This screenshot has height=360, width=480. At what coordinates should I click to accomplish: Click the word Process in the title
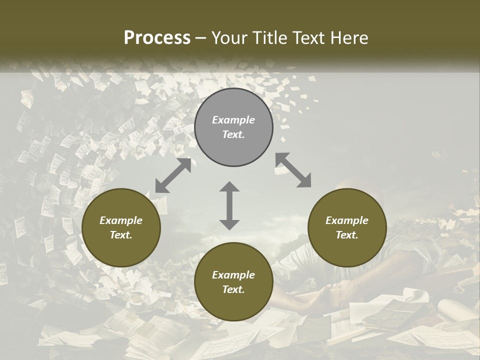[157, 38]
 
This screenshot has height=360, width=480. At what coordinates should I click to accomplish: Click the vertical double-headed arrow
[229, 205]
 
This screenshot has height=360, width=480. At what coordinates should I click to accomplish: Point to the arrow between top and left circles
[173, 175]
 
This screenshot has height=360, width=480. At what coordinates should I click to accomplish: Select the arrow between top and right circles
[293, 170]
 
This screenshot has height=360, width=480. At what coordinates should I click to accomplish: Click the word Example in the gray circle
[233, 120]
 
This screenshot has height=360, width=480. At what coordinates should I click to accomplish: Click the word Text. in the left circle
[121, 235]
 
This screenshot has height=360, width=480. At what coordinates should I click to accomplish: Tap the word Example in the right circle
[347, 220]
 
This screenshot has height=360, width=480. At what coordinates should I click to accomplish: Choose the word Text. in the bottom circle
[233, 289]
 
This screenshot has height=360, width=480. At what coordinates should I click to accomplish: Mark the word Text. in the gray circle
[233, 134]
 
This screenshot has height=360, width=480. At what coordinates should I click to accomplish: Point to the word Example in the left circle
[121, 220]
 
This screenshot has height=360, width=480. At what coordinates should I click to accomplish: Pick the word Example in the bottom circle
[233, 275]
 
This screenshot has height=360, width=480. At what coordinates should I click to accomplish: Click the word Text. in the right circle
[347, 235]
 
